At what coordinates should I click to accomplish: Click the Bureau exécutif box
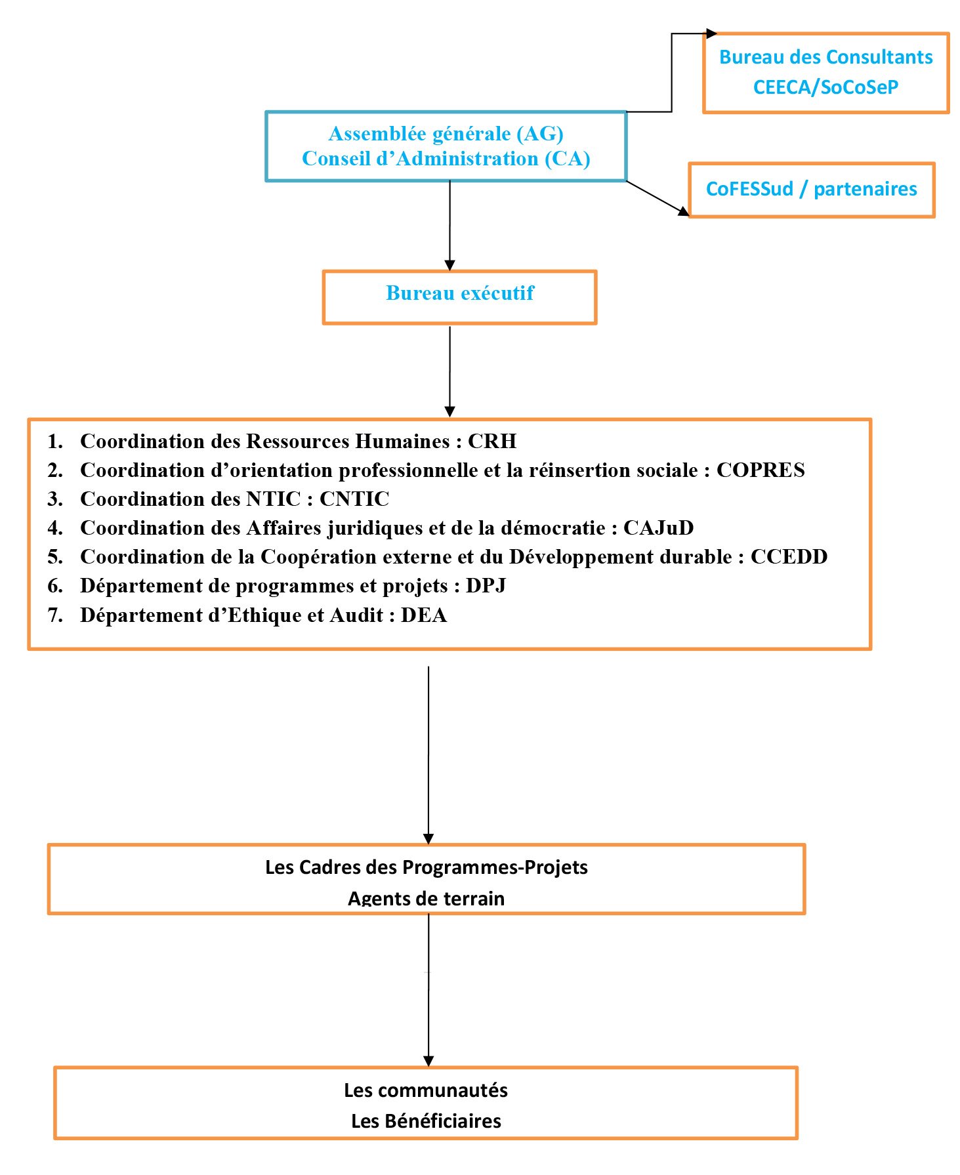click(459, 297)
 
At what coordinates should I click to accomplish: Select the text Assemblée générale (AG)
click(446, 134)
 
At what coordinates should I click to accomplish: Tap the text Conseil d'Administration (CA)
click(446, 159)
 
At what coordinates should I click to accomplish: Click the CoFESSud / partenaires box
click(811, 190)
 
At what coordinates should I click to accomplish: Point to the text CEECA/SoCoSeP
click(825, 87)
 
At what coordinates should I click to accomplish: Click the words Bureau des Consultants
click(825, 57)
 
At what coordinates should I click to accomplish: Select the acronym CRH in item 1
click(492, 441)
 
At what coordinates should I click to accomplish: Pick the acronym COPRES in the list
click(761, 470)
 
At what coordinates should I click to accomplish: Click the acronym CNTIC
click(354, 499)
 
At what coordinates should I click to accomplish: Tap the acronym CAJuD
click(658, 527)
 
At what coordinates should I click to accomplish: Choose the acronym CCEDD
click(789, 556)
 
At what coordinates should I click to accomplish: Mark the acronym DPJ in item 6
click(486, 585)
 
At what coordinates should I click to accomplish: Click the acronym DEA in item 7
click(424, 615)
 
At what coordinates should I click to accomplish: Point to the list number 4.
click(55, 527)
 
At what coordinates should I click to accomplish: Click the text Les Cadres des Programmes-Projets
click(426, 867)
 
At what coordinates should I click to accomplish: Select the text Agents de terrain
click(426, 897)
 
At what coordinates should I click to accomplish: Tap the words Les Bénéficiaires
click(426, 1121)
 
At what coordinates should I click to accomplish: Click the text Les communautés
click(426, 1090)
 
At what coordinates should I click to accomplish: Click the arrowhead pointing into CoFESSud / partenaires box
click(683, 211)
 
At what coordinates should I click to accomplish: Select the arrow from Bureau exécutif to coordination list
click(449, 371)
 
